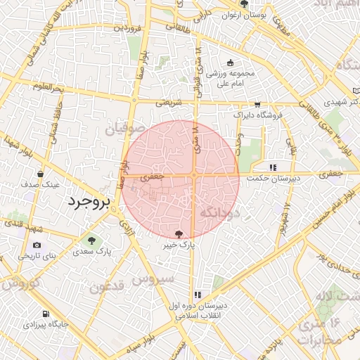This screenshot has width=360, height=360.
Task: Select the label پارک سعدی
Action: (x=94, y=251)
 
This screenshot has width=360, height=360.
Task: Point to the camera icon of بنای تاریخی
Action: (x=37, y=245)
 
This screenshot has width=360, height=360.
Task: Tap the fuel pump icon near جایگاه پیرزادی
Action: (x=46, y=314)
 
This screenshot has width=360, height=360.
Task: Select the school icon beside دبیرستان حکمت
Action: (x=273, y=167)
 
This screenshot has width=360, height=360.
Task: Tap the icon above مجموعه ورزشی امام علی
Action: (x=230, y=63)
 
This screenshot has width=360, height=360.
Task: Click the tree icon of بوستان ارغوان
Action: (x=244, y=4)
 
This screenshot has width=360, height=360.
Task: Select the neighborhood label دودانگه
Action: (x=221, y=211)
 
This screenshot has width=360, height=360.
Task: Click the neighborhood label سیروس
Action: (x=153, y=279)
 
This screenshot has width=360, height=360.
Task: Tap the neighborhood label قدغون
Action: (x=106, y=286)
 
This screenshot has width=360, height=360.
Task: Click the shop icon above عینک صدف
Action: (x=40, y=174)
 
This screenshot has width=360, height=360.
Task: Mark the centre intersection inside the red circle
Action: (x=193, y=174)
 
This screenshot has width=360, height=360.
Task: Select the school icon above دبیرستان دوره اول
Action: (x=198, y=295)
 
